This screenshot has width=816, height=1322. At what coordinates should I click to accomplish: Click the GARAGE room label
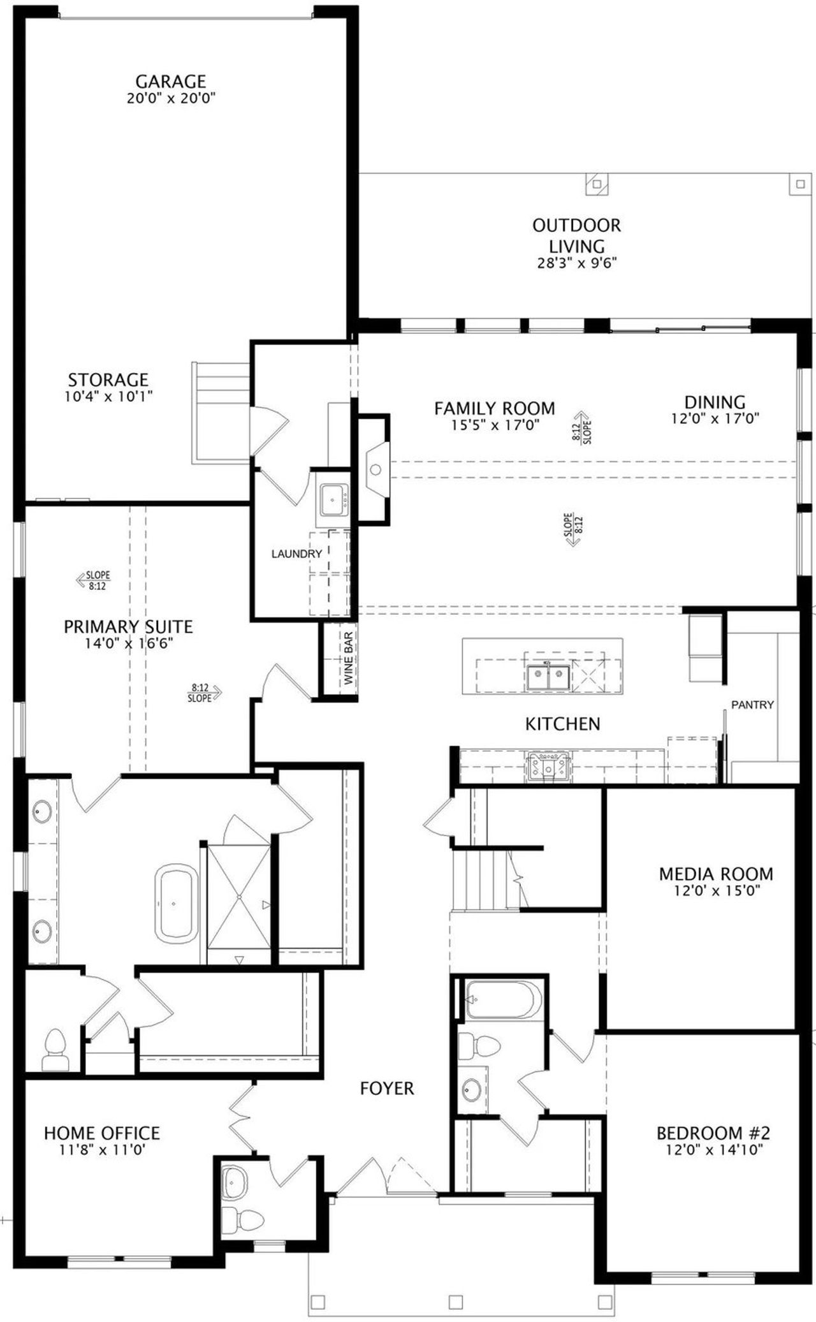[x=171, y=82]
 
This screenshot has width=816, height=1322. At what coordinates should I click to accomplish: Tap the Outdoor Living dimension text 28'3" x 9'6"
[x=577, y=263]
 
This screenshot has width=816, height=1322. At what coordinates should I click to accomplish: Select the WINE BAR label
[x=349, y=663]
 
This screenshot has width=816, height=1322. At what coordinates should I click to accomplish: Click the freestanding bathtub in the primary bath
[x=177, y=904]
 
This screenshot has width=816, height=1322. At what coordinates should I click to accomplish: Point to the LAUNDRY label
[x=296, y=554]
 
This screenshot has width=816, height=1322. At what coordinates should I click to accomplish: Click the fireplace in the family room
[x=376, y=470]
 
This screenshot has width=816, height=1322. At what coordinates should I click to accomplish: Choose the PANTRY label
[x=752, y=705]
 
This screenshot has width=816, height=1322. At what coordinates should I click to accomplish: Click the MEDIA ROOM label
[x=716, y=874]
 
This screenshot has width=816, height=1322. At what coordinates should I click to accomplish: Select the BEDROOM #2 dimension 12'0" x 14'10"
[x=714, y=1150]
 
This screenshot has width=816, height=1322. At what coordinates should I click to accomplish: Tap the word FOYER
[x=387, y=1089]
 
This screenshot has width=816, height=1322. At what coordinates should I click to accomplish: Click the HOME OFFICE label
[x=102, y=1133]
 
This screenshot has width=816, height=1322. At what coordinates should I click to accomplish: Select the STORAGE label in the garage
[x=108, y=380]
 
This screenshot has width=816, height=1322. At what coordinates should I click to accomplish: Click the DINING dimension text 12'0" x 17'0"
[x=715, y=419]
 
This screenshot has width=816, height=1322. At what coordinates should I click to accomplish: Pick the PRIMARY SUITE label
[x=128, y=627]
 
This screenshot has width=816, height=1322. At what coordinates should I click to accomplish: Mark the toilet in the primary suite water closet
[x=54, y=1048]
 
